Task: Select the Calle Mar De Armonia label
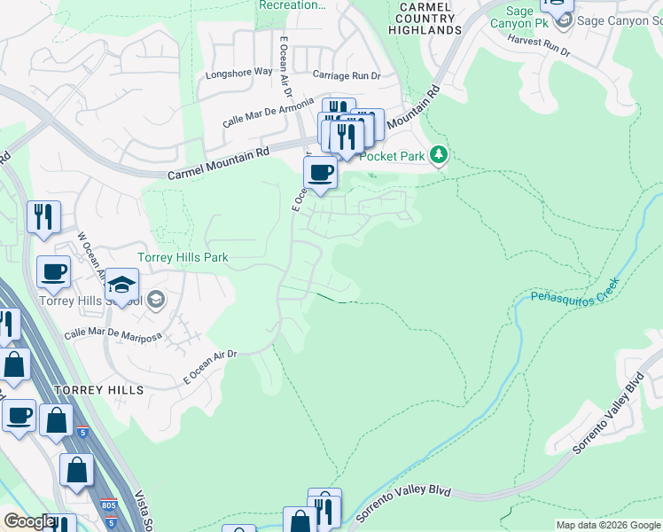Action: point(268,112)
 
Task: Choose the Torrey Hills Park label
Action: point(183,258)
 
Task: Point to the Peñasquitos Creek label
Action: point(573,291)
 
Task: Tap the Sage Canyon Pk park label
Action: point(513,17)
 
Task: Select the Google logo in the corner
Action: point(29,521)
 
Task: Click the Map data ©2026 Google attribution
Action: point(608,525)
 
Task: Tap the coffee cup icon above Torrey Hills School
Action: point(53,272)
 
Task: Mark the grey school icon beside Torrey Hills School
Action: point(156,300)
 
